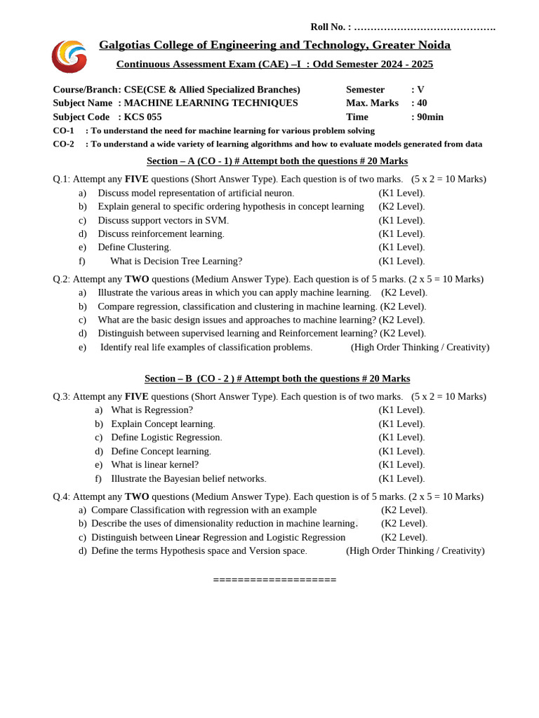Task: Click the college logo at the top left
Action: pos(69,56)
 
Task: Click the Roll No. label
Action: pos(331,27)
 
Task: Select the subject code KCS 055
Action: pos(142,117)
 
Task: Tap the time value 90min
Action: pos(430,117)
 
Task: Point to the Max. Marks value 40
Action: pos(422,103)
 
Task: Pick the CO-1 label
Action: pos(63,130)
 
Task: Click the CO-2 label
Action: pos(63,144)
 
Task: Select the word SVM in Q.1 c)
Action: pos(216,220)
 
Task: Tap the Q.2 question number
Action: pos(61,279)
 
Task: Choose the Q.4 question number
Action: pos(61,496)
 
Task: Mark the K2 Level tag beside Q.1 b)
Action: pos(401,206)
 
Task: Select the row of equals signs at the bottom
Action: pos(274,580)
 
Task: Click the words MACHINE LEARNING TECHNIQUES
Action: pos(211,103)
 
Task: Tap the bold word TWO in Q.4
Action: pos(137,496)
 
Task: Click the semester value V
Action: pos(420,90)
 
